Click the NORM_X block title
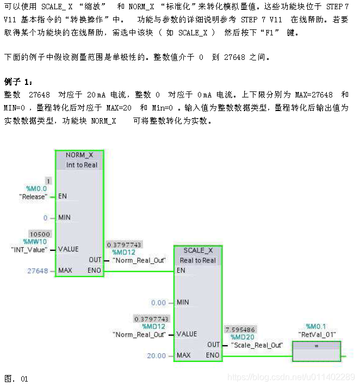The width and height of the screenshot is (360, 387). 79,155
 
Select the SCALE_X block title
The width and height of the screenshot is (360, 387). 197,250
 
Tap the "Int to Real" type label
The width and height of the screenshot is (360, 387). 82,165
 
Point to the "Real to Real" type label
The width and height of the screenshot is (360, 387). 198,260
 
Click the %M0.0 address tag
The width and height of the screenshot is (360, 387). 36,188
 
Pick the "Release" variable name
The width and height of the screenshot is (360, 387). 33,196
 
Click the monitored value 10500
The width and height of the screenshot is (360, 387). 40,234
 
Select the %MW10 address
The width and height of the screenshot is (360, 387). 35,241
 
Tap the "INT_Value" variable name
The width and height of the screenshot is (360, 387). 29,249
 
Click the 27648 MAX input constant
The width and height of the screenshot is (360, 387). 38,271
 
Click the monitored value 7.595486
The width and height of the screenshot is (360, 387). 240,330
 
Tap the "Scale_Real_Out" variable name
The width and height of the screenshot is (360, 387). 257,345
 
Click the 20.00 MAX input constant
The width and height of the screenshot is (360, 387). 157,355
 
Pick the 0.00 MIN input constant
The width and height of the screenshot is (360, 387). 159,302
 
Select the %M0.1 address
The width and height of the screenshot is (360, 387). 316,326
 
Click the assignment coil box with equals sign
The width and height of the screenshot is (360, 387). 316,351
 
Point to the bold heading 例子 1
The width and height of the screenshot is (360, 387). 18,82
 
